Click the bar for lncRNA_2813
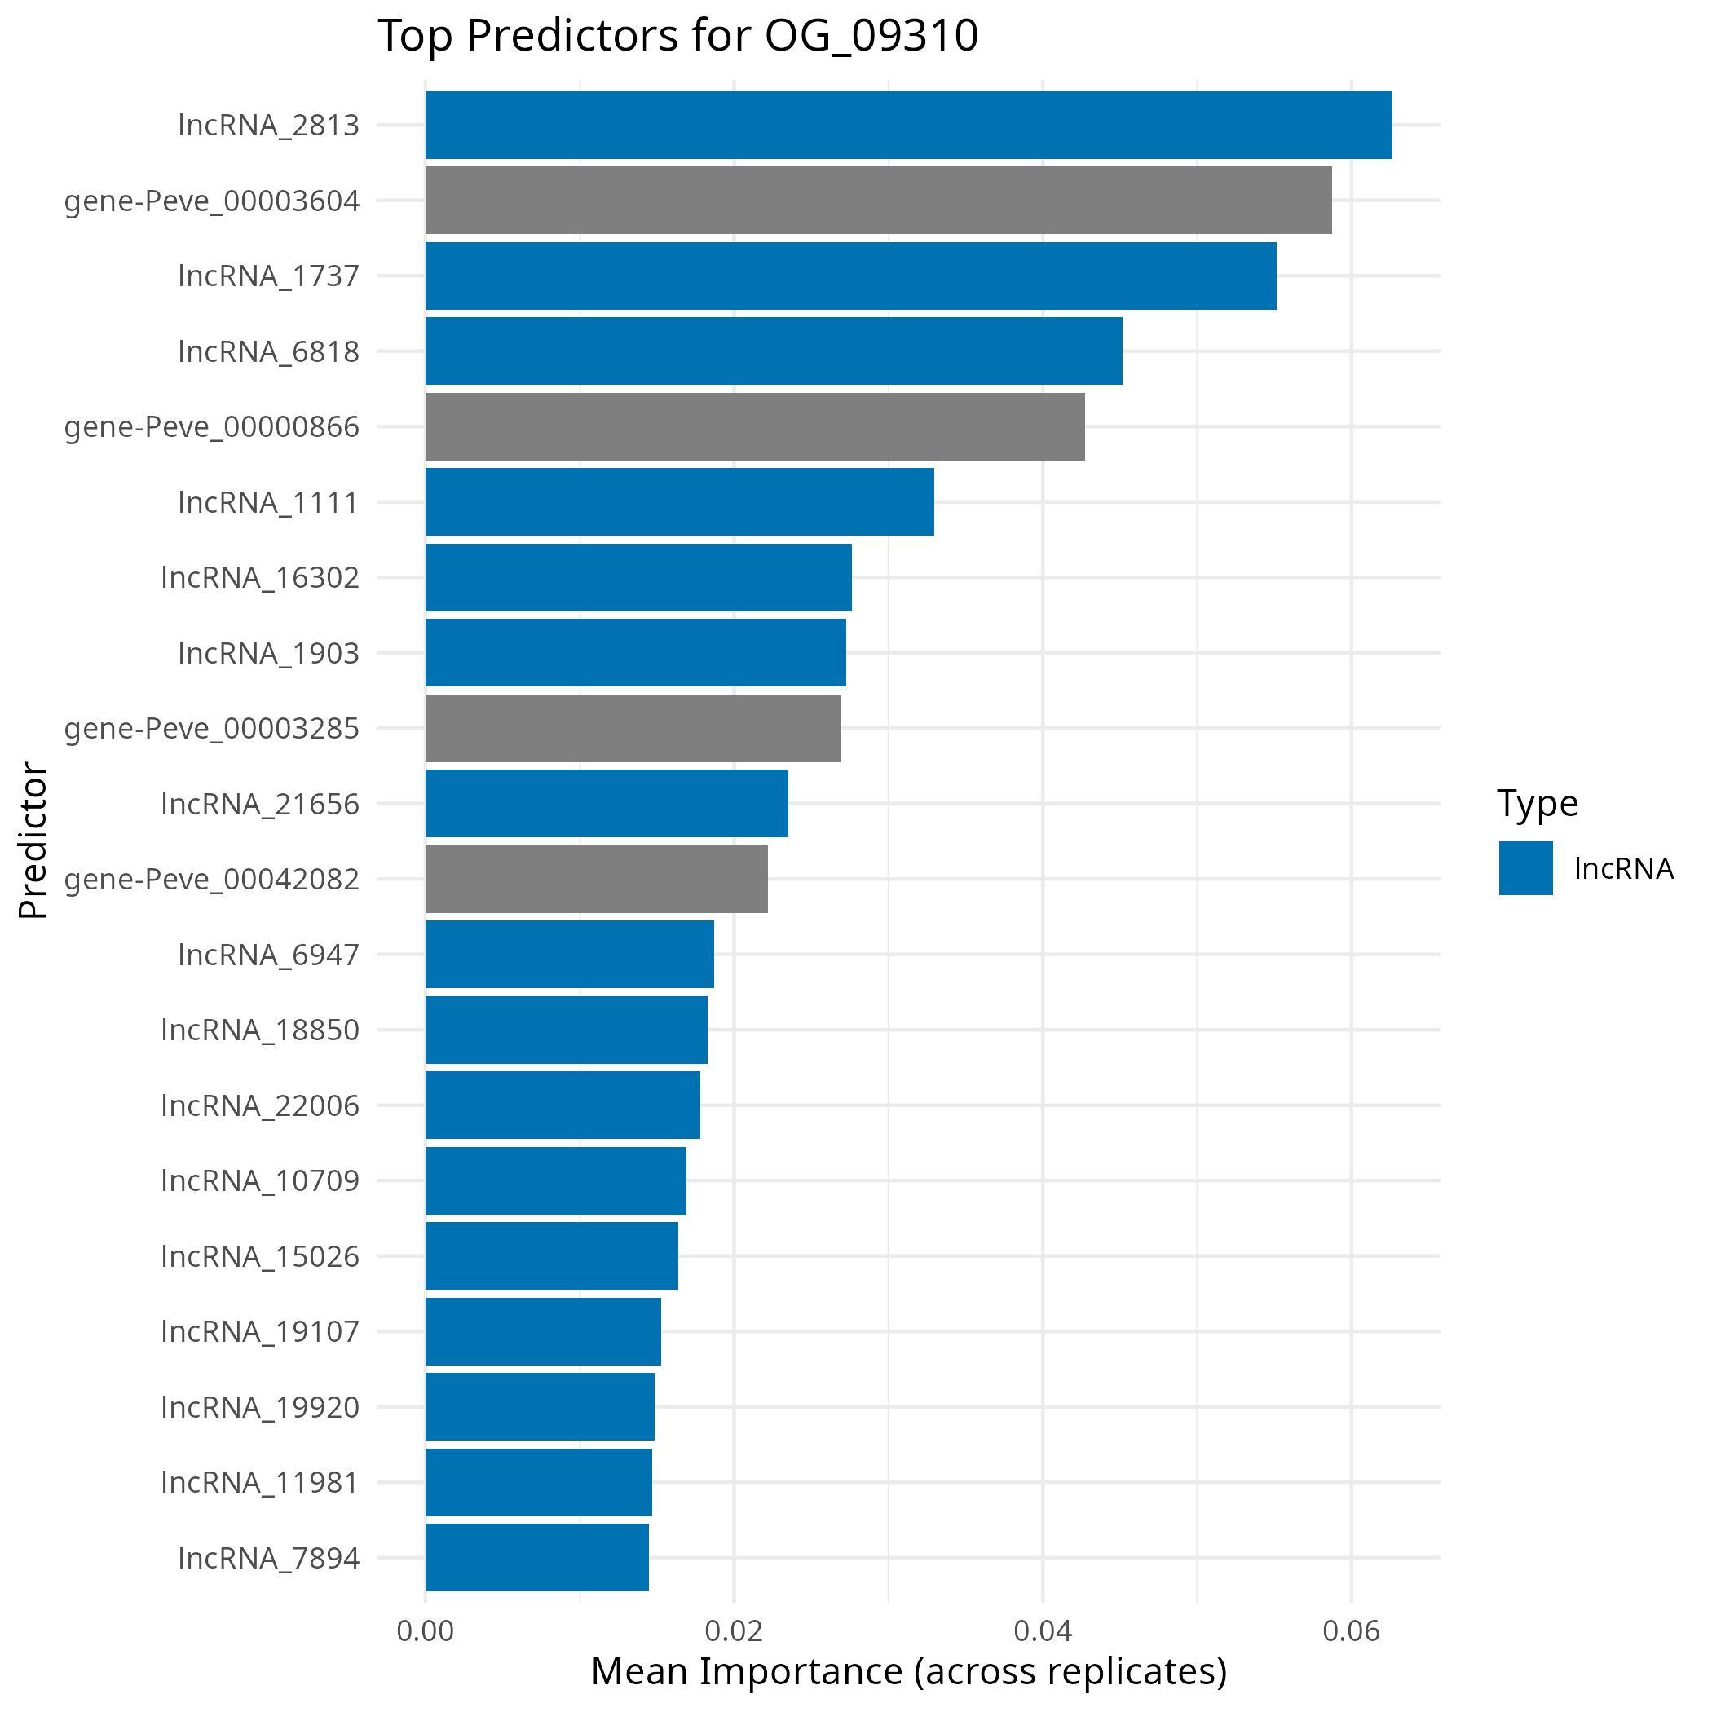point(908,125)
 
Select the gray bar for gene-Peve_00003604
point(878,201)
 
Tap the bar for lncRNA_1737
point(850,276)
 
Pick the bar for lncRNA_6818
point(774,351)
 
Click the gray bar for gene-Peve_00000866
point(755,426)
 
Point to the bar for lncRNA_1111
point(680,501)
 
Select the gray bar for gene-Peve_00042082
point(597,879)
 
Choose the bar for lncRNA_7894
point(537,1557)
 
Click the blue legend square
point(1526,868)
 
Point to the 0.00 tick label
point(426,1631)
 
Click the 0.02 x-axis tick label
point(734,1631)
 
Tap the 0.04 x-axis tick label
point(1043,1631)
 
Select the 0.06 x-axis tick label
point(1352,1631)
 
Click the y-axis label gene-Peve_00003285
point(212,728)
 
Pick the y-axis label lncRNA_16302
point(261,578)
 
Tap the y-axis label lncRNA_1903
point(268,653)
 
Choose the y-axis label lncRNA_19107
point(261,1331)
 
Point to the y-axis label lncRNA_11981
point(261,1481)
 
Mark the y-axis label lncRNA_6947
point(268,955)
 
